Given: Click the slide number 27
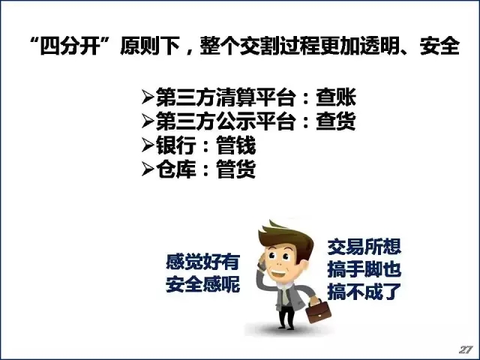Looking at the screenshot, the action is (x=466, y=349).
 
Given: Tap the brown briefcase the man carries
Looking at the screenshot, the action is (x=318, y=311).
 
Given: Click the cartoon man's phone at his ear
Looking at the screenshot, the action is (x=262, y=263).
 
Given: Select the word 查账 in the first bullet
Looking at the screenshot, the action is (x=336, y=97).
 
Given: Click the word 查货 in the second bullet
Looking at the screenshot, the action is (x=336, y=121).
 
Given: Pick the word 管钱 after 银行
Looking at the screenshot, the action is (x=236, y=145).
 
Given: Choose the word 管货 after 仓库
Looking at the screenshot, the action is (x=236, y=169).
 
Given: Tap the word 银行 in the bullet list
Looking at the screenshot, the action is (x=176, y=145).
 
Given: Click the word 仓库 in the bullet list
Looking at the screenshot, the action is (x=176, y=169).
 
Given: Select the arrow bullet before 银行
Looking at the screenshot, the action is (x=148, y=145).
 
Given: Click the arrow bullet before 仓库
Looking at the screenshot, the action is (x=148, y=169).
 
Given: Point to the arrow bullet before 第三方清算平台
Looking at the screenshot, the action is (x=148, y=97).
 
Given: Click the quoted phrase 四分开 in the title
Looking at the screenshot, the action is (x=70, y=46).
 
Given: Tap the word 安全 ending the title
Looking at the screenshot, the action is (x=439, y=46).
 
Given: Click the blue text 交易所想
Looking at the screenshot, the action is (x=364, y=247).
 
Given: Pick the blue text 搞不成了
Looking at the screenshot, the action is (x=364, y=292).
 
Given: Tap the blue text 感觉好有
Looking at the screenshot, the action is (x=202, y=262).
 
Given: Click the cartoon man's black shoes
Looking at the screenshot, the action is (x=286, y=327).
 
